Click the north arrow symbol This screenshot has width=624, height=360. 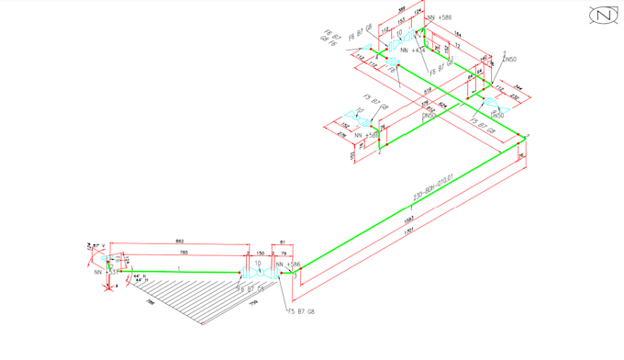click(603, 16)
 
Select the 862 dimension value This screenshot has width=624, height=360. click(179, 242)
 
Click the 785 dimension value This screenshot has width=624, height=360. click(184, 252)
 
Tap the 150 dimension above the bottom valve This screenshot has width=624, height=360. click(260, 252)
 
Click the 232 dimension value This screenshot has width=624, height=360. click(514, 96)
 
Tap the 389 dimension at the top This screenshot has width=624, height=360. click(402, 9)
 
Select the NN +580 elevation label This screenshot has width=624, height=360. click(372, 135)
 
